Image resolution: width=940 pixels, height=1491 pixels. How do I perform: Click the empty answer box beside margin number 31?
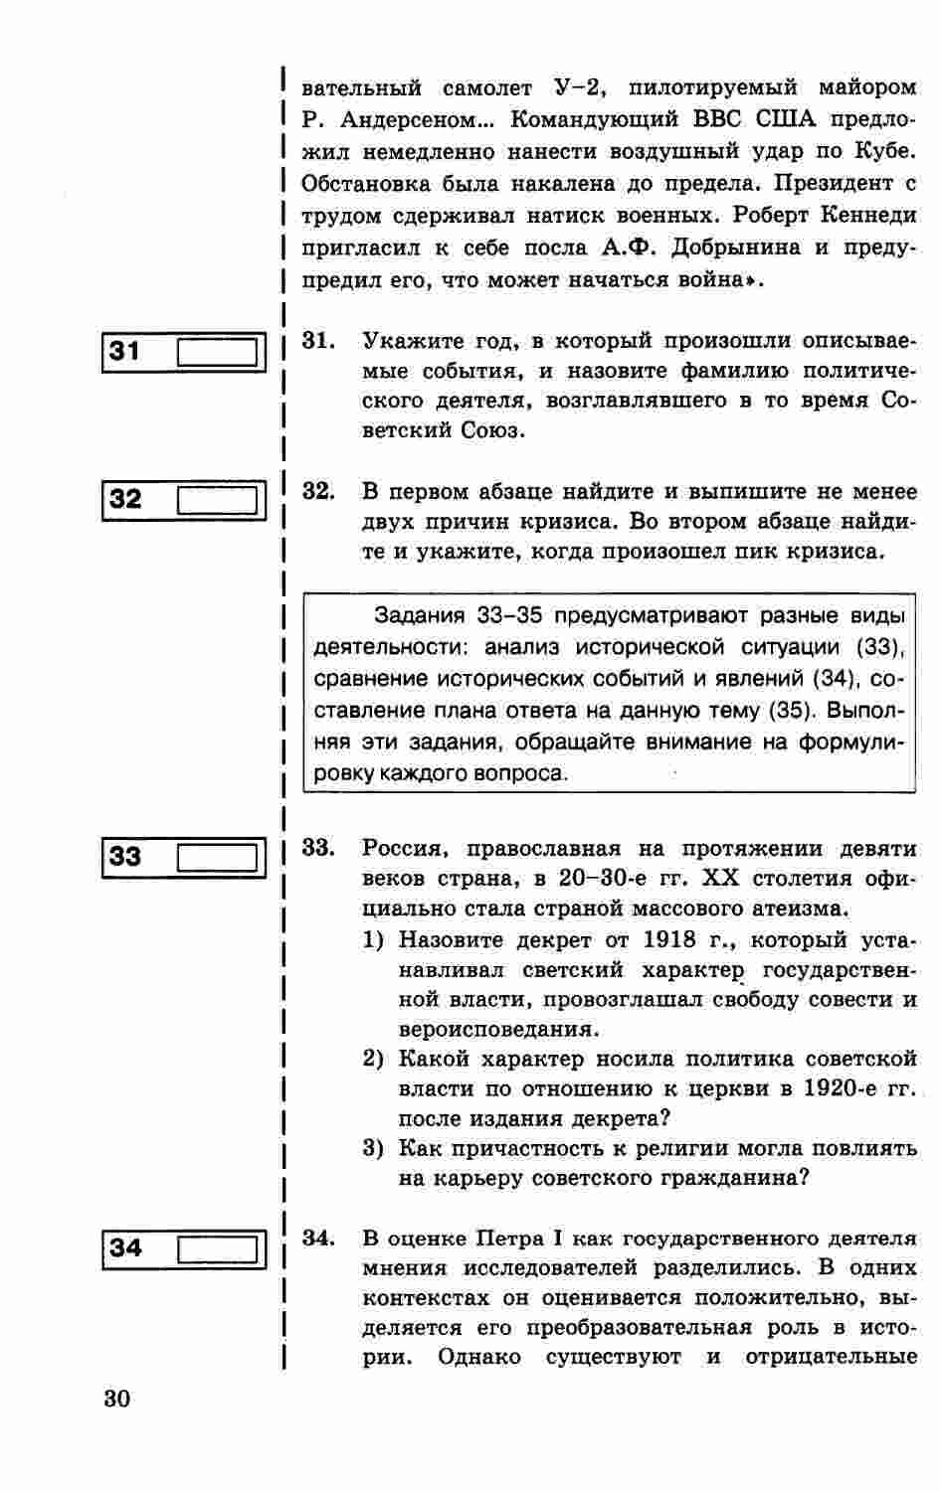tap(218, 353)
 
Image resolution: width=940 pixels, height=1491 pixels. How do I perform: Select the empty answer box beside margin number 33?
tap(218, 857)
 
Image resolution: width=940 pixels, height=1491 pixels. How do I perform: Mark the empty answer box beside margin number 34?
tap(218, 1248)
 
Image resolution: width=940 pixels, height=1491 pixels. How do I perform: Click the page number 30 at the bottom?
tap(116, 1400)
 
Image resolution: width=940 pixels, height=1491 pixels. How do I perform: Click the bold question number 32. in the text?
tap(317, 491)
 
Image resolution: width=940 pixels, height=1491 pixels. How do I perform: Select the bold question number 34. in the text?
tap(317, 1239)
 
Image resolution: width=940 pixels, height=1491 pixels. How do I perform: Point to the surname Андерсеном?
tap(411, 120)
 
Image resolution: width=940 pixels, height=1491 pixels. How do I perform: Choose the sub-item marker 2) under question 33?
tap(373, 1060)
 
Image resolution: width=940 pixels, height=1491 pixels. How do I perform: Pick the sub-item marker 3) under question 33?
tap(373, 1149)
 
